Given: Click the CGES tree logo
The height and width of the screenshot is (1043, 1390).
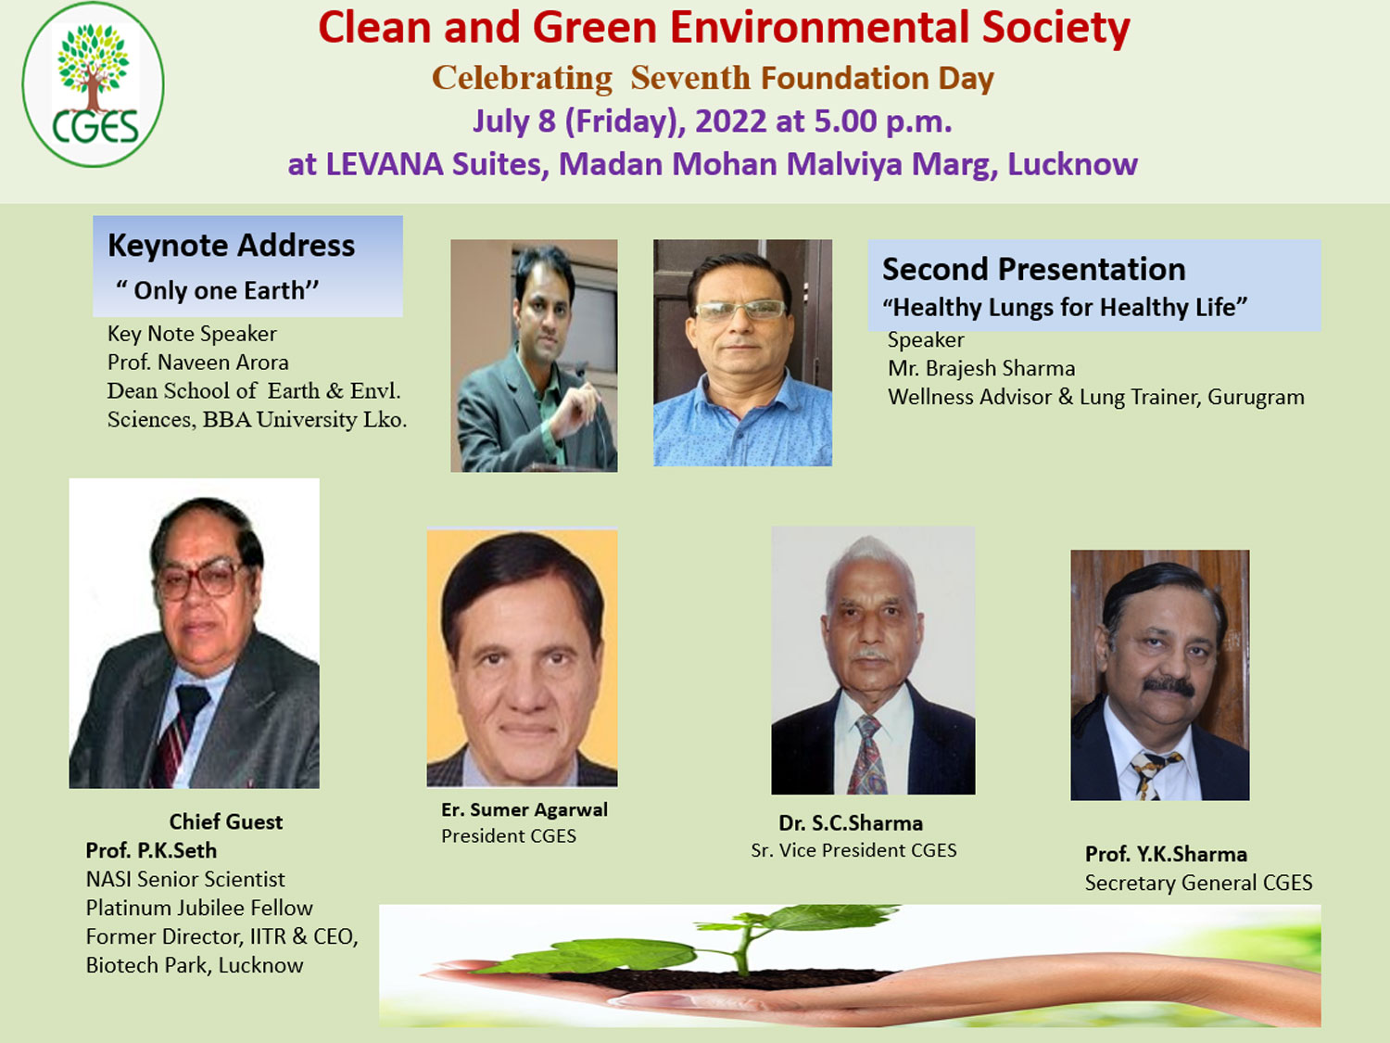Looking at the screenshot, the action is coord(93,84).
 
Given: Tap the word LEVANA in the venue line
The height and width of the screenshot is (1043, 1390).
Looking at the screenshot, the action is coord(384,164).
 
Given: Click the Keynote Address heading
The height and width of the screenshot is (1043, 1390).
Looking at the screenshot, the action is coord(231,246).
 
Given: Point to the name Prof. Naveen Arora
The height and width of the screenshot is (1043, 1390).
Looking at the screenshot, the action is coord(197,363).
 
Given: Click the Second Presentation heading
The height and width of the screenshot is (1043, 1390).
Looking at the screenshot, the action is coord(1033,269).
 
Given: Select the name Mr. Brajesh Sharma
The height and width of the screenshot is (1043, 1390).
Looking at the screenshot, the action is coord(981,368).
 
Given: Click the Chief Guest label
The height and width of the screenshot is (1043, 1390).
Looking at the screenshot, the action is coord(225,821).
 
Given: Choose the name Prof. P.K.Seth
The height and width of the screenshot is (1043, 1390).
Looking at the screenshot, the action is coord(151,850).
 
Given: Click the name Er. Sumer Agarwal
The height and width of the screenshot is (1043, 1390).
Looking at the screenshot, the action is coord(524,809).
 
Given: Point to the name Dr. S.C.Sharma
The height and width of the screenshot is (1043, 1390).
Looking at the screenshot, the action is coord(851,822).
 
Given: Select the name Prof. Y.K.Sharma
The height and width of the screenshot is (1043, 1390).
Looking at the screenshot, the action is coord(1166,854).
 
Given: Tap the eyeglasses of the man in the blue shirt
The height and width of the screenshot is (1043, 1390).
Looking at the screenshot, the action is coord(740,310).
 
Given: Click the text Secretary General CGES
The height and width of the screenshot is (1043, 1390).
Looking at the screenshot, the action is coord(1199,883).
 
